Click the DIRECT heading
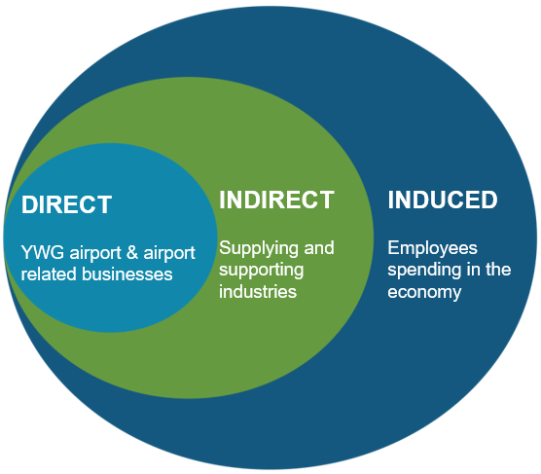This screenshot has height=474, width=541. pos(66,204)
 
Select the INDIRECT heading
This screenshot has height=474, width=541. pos(276,200)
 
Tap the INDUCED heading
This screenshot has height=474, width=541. pos(443,200)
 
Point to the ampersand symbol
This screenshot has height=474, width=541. pos(132,252)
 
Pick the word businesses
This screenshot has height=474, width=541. pos(126,274)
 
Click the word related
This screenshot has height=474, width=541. pos(49,274)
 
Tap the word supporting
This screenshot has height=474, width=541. pos(262,271)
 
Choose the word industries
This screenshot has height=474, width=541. pos(258,292)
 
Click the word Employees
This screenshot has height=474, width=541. pos(433,249)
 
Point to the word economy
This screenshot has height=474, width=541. pos(424,293)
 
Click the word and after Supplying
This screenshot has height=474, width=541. pos(319,248)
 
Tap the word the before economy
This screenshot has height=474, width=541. pos(498,270)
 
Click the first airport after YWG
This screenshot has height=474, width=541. pos(95,254)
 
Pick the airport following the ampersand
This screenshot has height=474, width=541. pos(169,254)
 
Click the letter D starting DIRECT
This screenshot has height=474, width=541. pos(29,204)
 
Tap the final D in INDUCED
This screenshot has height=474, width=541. pos(489,200)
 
